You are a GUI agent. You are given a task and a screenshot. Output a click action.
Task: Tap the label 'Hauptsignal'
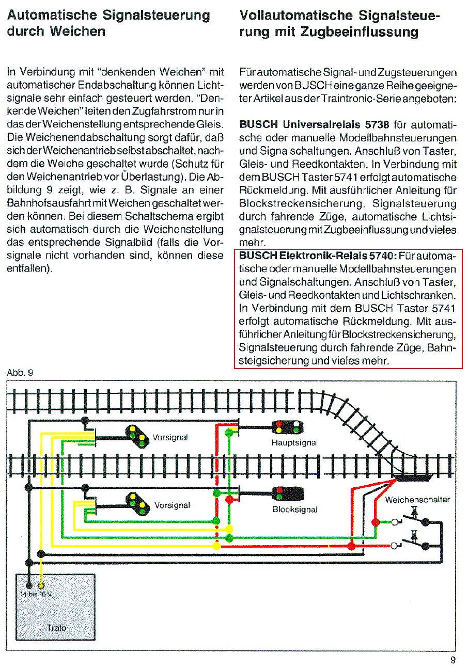(294, 442)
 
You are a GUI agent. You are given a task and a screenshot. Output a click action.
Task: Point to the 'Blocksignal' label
(295, 509)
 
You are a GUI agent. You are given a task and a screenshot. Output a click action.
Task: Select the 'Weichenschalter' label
(417, 500)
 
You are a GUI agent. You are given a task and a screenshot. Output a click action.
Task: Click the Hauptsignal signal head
(287, 427)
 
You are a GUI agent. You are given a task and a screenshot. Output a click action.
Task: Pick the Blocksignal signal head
(279, 493)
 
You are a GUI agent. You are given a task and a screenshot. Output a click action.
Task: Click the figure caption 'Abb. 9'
(20, 373)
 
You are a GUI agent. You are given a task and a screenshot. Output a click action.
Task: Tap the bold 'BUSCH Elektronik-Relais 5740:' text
(317, 256)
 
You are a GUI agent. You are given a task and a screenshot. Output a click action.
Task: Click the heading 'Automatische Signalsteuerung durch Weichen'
(109, 23)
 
